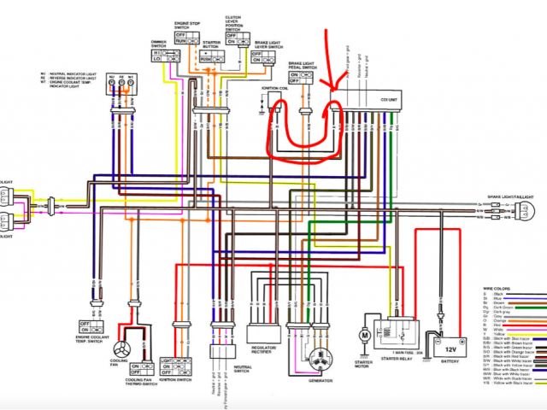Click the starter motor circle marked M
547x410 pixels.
click(364, 337)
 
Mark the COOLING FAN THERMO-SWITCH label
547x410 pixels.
click(139, 384)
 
